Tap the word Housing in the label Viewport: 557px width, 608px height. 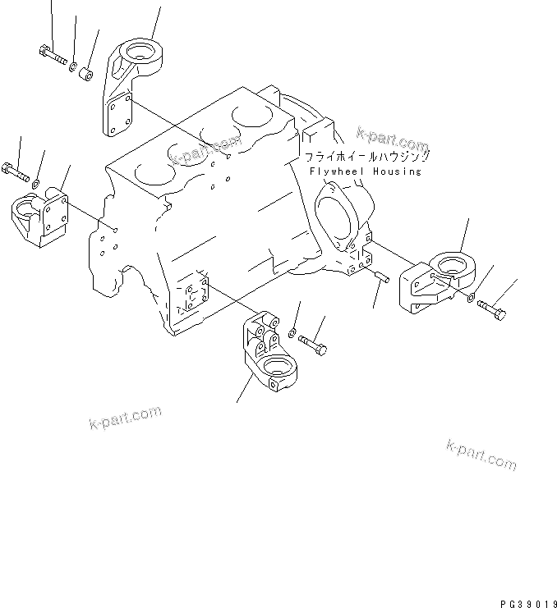[x=396, y=171]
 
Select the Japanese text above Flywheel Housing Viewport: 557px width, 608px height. [x=366, y=156]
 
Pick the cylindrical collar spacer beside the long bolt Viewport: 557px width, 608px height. [x=85, y=75]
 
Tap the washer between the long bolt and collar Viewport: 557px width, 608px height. [x=72, y=66]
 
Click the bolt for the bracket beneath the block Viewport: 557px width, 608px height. [x=311, y=343]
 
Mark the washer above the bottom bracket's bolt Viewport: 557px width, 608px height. [x=292, y=331]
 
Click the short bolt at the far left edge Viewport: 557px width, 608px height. [x=15, y=172]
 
